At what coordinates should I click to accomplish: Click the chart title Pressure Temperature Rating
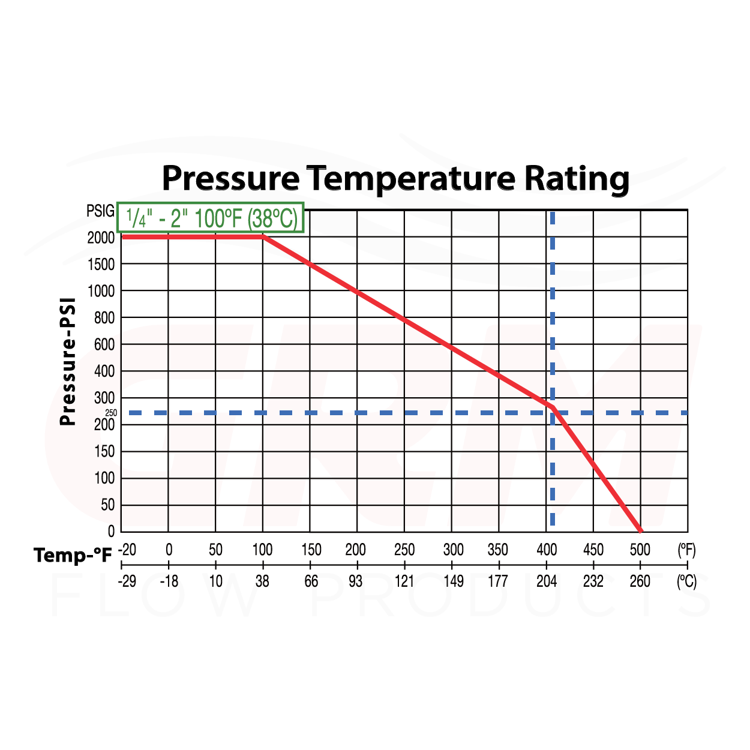[x=395, y=178]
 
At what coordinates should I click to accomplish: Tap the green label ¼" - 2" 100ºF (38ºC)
[x=211, y=218]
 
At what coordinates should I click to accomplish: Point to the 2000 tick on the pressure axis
[x=101, y=238]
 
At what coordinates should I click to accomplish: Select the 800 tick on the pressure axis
[x=104, y=318]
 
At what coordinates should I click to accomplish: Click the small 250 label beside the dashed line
[x=111, y=413]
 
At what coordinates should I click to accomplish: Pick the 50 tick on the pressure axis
[x=107, y=505]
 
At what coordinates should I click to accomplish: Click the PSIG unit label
[x=100, y=211]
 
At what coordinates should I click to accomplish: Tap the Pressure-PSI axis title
[x=68, y=361]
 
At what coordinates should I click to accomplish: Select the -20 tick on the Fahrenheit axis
[x=127, y=550]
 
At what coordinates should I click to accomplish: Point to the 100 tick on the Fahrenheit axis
[x=262, y=550]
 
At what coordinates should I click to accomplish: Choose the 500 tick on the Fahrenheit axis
[x=640, y=550]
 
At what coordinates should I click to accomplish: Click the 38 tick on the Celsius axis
[x=262, y=581]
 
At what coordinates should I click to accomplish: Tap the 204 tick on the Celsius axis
[x=547, y=581]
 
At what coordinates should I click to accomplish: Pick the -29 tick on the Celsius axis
[x=127, y=581]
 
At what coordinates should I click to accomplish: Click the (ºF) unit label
[x=686, y=550]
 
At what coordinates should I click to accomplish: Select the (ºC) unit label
[x=686, y=581]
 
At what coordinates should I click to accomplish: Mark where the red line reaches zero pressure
[x=640, y=531]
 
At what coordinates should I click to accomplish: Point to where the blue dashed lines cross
[x=552, y=413]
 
